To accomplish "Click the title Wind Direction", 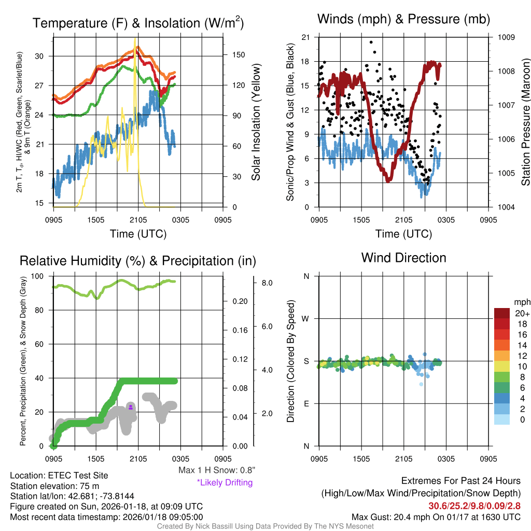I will click(x=403, y=258).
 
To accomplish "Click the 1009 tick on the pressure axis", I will click(x=506, y=37).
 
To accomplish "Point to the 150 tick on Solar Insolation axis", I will click(x=234, y=55).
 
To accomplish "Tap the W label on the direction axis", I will click(x=306, y=318).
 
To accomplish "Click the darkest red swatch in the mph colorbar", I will click(x=502, y=314).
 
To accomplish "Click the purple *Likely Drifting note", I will click(x=225, y=483).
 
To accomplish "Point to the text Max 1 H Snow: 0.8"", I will click(x=217, y=470).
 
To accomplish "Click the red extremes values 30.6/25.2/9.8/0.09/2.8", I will click(x=474, y=506).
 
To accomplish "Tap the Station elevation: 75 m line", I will click(x=54, y=486).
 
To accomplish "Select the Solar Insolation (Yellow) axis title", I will click(x=256, y=122).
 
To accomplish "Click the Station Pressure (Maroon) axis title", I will click(x=525, y=122).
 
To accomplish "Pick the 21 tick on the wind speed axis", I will click(x=305, y=37).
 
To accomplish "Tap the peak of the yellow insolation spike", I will click(x=135, y=38).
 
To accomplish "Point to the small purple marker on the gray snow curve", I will click(x=131, y=408).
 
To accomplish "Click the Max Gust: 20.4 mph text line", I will click(x=436, y=517).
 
